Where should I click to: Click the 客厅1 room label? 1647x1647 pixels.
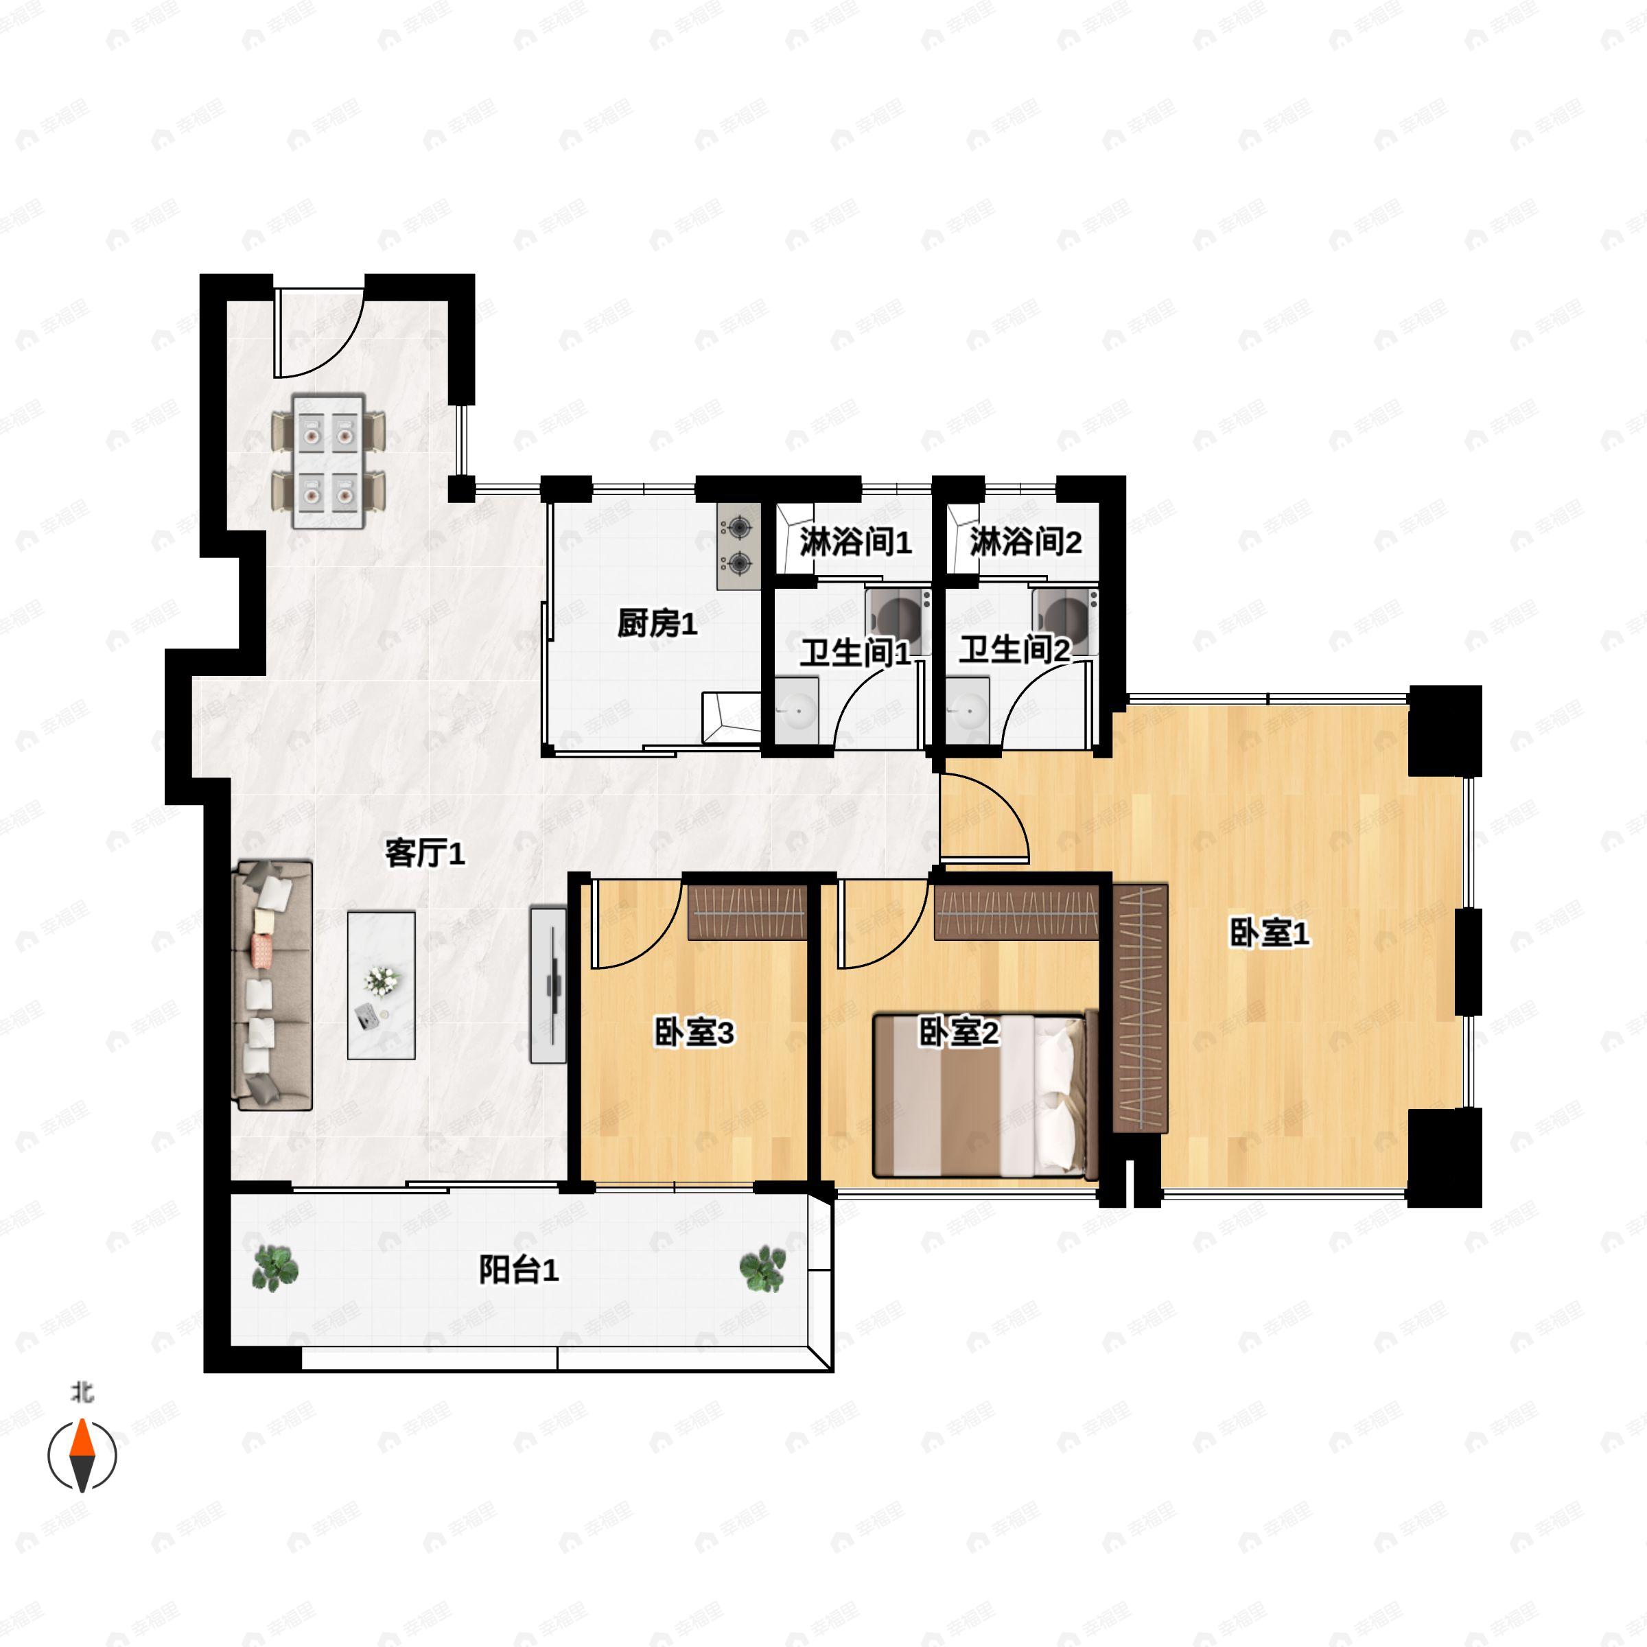coord(425,852)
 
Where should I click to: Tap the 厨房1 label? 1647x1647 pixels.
coord(657,624)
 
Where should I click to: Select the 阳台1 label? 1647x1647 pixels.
coord(518,1270)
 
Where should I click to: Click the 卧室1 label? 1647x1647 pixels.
coord(1268,933)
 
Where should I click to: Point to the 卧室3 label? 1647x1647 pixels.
coord(693,1033)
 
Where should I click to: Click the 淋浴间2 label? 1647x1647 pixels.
coord(1025,541)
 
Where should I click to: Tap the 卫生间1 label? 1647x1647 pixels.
coord(854,654)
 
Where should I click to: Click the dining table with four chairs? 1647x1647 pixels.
coord(328,460)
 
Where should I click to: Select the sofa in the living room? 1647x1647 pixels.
coord(273,985)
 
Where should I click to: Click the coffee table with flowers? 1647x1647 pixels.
coord(381,985)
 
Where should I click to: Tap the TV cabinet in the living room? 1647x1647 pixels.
coord(548,985)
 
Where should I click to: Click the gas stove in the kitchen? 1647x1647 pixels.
coord(738,546)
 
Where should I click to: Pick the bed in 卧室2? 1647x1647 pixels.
coord(985,1095)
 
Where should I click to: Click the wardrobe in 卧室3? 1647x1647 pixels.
coord(747,912)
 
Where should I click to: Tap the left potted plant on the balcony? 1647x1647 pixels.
coord(274,1268)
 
